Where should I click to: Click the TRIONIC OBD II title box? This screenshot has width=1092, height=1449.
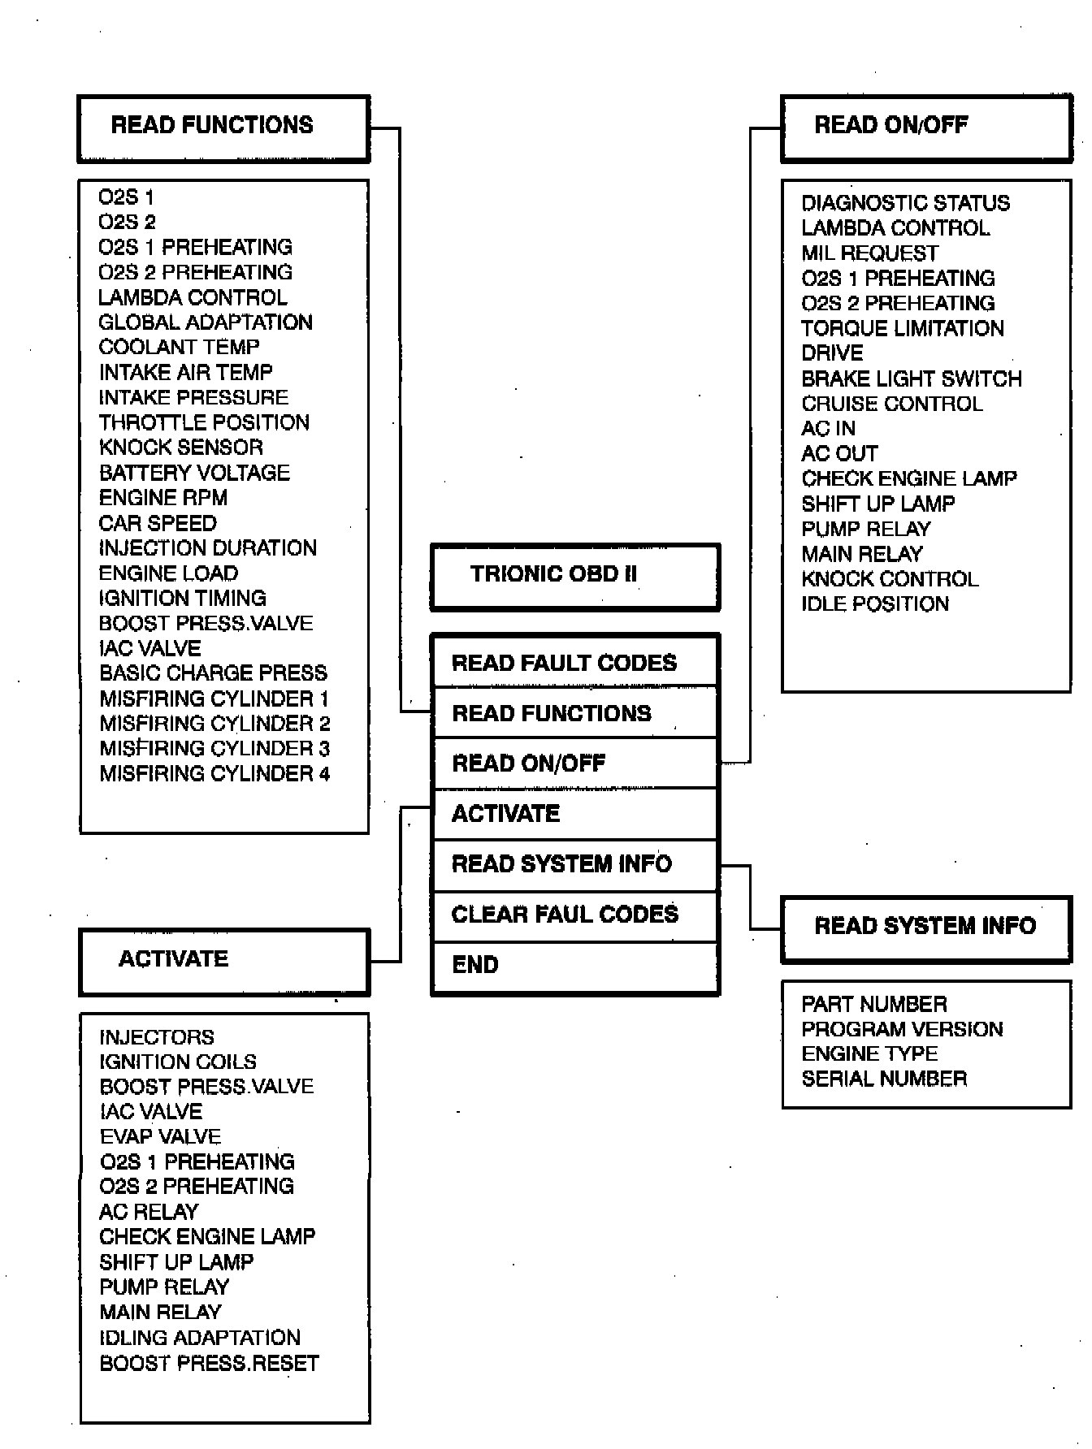pos(574,576)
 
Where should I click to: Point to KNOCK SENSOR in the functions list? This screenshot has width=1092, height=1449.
pos(181,448)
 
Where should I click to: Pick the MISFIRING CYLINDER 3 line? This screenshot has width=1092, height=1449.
pos(214,749)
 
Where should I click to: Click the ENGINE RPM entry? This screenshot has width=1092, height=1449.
pos(163,498)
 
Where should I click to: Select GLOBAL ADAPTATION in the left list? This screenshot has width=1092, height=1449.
pos(206,322)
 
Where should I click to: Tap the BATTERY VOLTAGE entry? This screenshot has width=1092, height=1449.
pos(194,473)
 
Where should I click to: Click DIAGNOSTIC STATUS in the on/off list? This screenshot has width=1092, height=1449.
pos(905,203)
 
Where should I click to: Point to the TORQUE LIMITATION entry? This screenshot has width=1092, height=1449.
pos(902,328)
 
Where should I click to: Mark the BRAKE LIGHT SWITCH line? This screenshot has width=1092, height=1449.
pos(911,378)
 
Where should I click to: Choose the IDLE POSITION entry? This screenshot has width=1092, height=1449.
pos(875,604)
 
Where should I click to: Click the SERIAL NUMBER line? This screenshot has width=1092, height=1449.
pos(884,1079)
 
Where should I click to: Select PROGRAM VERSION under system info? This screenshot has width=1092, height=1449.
pos(902,1029)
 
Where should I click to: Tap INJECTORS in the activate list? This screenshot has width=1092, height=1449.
pos(157,1037)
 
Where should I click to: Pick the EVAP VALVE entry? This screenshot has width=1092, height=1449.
pos(160,1136)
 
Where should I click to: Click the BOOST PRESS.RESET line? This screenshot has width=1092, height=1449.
pos(209,1363)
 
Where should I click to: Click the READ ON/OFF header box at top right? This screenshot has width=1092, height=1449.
pos(926,128)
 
